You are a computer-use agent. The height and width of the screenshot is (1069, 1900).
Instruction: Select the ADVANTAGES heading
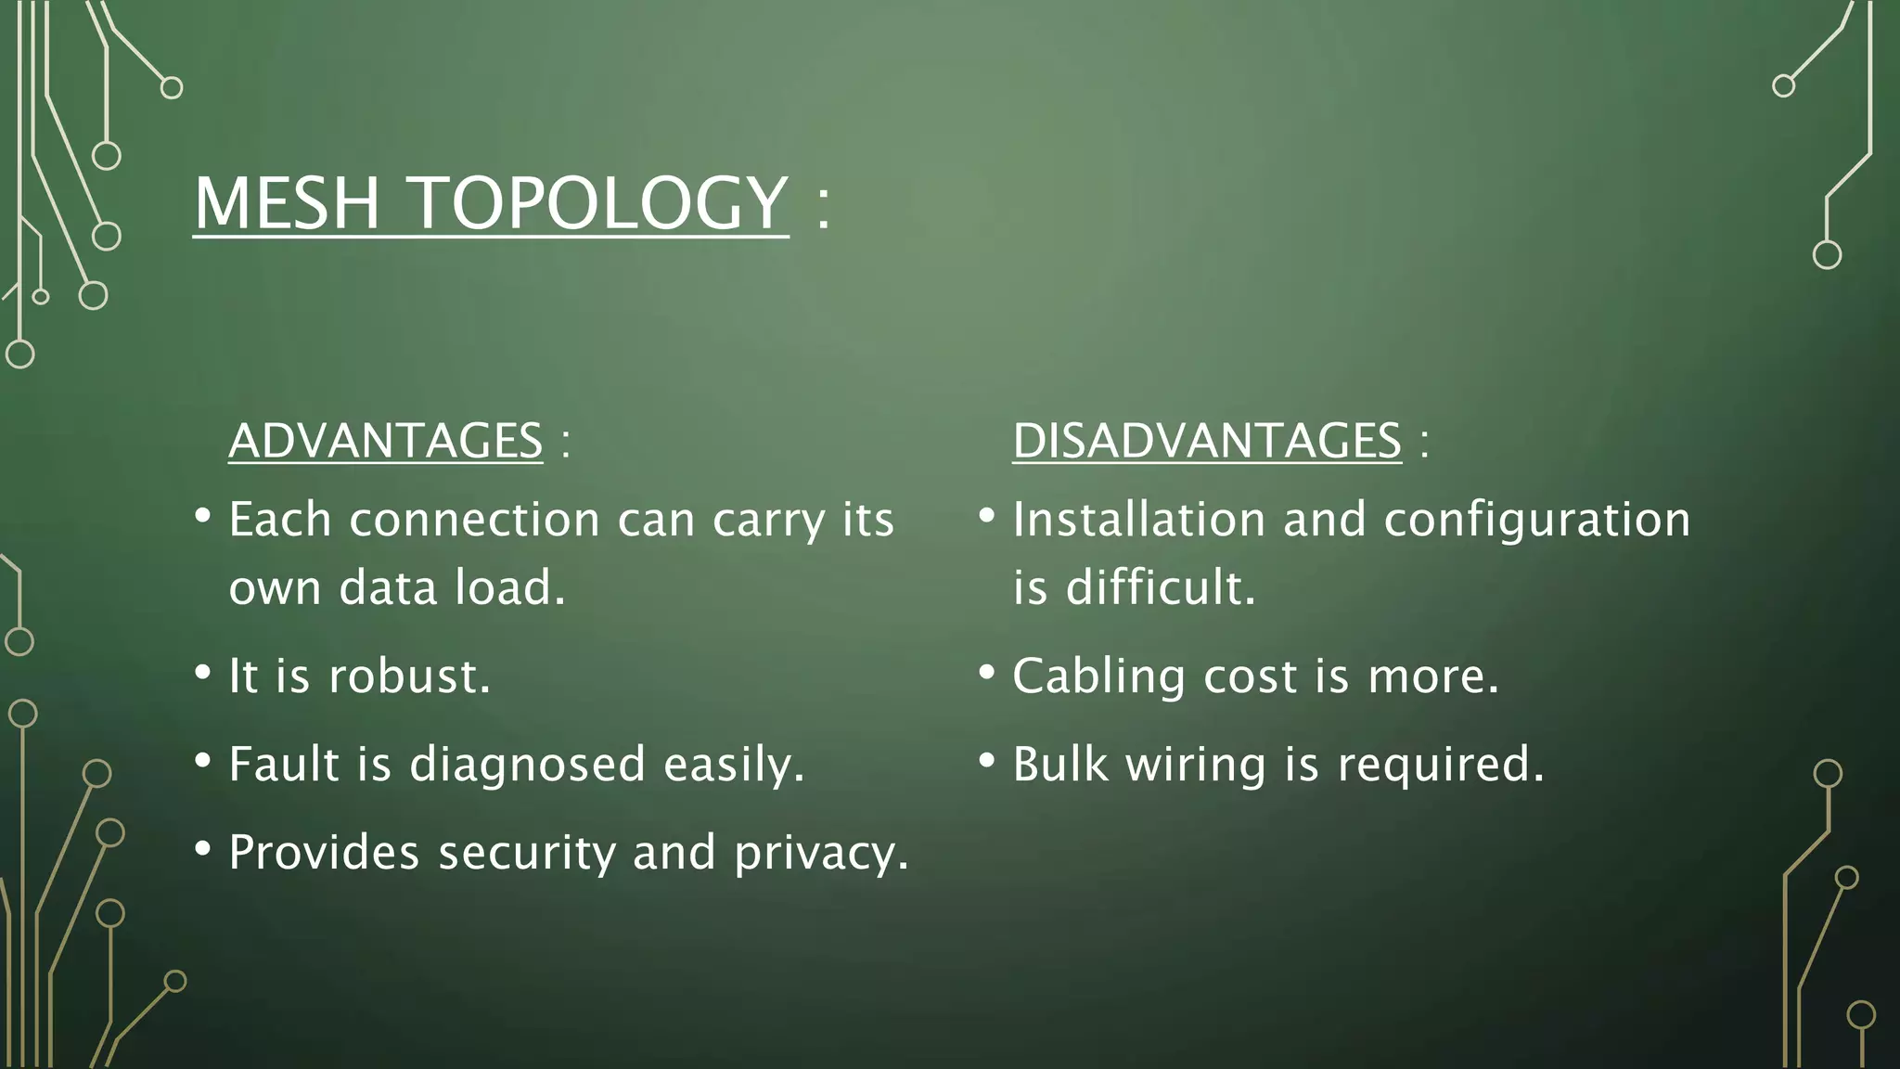pos(385,440)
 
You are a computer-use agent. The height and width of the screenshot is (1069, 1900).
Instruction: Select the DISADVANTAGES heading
pos(1206,440)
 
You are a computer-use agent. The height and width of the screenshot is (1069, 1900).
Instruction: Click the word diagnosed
pos(527,765)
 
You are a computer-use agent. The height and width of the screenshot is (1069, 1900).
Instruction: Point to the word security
pos(527,853)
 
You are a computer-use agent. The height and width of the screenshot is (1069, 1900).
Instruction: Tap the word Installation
pos(1138,520)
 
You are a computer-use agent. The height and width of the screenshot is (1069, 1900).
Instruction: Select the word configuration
pos(1536,520)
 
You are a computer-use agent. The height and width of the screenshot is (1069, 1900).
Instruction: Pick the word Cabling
pos(1098,676)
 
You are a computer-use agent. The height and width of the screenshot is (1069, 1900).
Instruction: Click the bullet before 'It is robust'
pos(203,672)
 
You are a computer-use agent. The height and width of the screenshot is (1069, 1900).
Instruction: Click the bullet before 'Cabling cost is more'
pos(987,672)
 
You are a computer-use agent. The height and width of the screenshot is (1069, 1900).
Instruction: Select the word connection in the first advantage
pos(474,520)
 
